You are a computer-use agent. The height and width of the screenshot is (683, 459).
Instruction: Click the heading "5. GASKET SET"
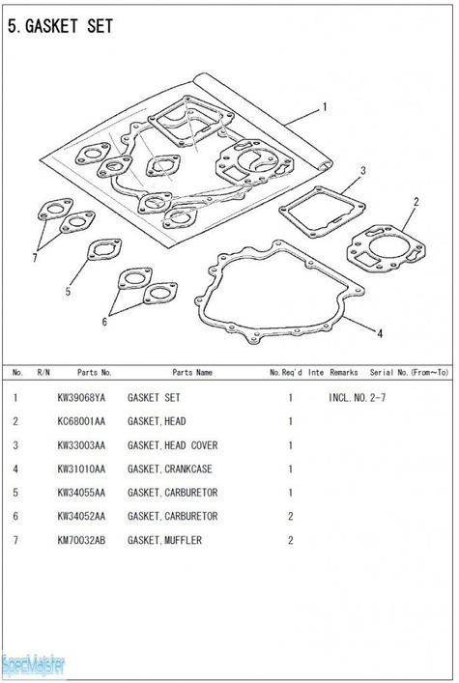click(x=60, y=27)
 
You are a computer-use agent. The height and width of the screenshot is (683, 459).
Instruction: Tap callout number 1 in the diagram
click(x=324, y=107)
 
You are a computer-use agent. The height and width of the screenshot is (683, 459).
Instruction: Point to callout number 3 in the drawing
click(x=363, y=171)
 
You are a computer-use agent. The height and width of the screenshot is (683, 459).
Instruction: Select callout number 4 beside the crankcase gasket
click(x=380, y=333)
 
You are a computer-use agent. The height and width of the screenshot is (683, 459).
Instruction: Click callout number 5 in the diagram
click(x=68, y=292)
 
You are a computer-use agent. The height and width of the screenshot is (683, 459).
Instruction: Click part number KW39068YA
click(x=81, y=398)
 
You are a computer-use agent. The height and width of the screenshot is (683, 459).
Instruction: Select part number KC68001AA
click(x=81, y=421)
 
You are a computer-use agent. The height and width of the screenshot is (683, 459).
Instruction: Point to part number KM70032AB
click(x=81, y=540)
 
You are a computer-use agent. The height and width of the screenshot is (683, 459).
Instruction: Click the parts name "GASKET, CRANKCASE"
click(x=169, y=470)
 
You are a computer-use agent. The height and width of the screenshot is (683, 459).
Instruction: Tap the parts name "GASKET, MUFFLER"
click(x=164, y=541)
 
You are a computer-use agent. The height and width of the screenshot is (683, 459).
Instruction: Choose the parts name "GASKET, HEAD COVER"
click(x=172, y=445)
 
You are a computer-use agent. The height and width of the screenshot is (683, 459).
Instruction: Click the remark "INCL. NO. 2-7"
click(x=357, y=398)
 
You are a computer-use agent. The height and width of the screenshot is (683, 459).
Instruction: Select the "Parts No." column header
click(x=95, y=373)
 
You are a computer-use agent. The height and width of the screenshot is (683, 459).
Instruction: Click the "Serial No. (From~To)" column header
click(x=409, y=373)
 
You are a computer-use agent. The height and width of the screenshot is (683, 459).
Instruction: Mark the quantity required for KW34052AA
click(x=291, y=517)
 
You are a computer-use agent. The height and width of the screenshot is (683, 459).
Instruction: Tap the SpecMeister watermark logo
click(x=33, y=666)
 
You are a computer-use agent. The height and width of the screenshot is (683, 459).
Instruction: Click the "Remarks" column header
click(x=344, y=373)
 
